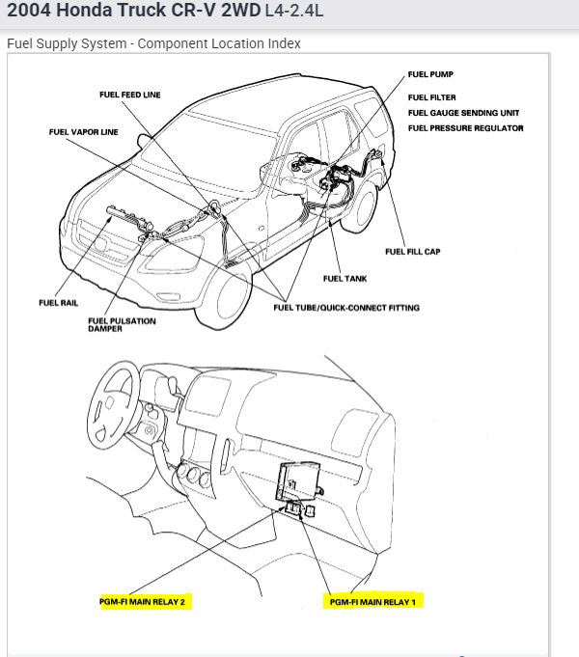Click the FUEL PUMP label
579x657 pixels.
coord(430,74)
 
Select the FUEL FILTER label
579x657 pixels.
coord(432,97)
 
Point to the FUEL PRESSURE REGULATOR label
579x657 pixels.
coord(466,127)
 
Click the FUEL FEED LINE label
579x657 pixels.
coord(130,95)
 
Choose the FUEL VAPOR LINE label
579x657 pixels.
coord(84,132)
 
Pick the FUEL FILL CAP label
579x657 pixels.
coord(413,252)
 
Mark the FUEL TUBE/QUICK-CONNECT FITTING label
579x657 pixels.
coord(346,308)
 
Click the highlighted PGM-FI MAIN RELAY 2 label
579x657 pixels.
coord(148,601)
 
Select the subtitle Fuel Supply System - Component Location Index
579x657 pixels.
coord(153,43)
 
